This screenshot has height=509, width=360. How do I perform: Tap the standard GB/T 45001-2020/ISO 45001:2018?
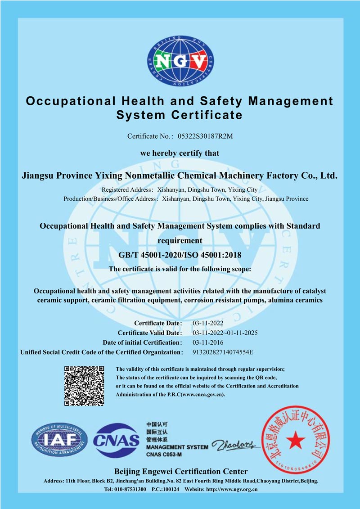point(180,255)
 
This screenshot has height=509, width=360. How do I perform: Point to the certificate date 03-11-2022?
point(208,323)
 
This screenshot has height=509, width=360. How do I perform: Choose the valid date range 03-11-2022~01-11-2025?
point(225,333)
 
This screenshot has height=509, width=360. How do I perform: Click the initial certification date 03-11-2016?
point(208,342)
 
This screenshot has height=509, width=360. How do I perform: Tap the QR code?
point(85,386)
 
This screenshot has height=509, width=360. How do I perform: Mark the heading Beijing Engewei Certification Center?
point(181,471)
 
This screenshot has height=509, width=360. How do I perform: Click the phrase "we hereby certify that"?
point(180,153)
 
